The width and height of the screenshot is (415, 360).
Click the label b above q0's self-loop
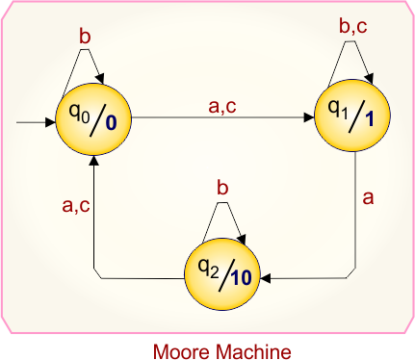click(x=84, y=36)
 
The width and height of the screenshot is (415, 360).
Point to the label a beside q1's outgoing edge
click(x=367, y=200)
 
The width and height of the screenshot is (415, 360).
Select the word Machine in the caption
click(x=249, y=347)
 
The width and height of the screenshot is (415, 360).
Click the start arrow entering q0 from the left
click(x=39, y=123)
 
